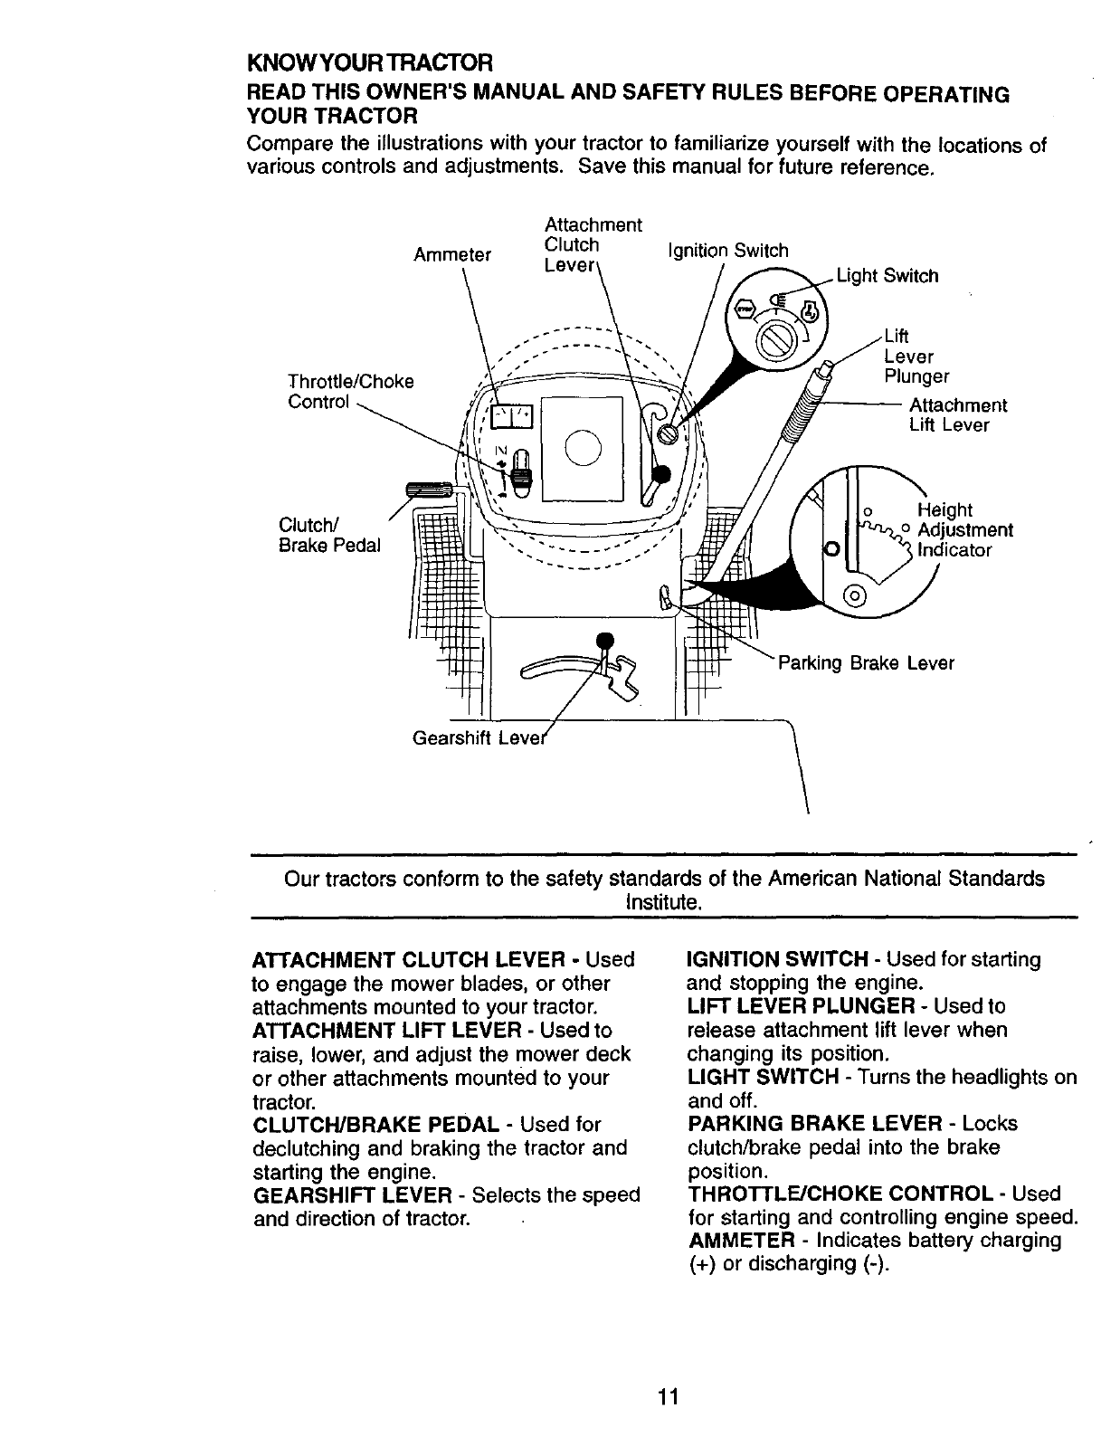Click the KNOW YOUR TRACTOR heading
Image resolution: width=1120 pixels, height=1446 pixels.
coord(370,63)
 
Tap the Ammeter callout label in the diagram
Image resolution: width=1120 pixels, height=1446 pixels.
coord(451,255)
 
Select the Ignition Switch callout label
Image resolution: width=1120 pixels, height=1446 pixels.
coord(727,251)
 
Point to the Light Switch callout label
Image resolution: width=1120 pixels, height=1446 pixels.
coord(887,276)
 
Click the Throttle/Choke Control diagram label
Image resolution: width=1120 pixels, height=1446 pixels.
coord(350,392)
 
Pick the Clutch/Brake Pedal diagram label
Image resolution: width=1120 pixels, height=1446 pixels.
coord(329,536)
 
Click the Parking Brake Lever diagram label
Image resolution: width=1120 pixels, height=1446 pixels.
coord(866,663)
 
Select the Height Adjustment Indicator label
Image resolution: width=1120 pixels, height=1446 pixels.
coord(963,530)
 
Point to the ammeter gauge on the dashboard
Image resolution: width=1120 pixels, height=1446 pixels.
coord(512,416)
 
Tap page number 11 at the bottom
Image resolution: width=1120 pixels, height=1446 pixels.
coord(668,1396)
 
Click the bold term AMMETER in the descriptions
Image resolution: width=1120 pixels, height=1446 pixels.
coord(741,1241)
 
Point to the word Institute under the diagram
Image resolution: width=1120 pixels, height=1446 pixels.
coord(663,902)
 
